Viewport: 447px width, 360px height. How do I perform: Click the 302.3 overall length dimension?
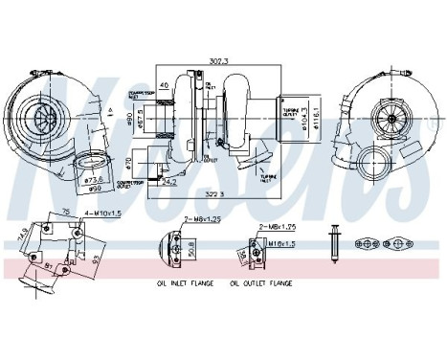tap(217, 60)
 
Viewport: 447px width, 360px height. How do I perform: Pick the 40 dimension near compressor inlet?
tap(165, 86)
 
